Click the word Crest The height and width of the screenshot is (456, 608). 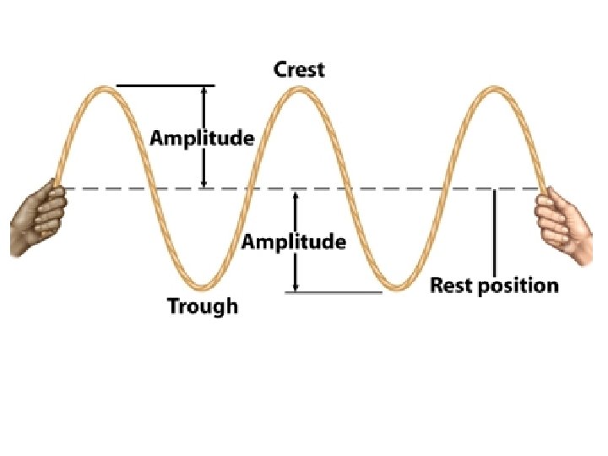coord(299,69)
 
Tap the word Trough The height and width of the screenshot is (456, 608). coord(203,306)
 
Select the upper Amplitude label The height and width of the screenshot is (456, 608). coord(202,138)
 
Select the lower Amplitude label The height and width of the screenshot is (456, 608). coord(294,242)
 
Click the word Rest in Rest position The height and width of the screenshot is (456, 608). coord(452,285)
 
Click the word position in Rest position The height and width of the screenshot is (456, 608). coord(518,286)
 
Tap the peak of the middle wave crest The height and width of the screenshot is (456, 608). coord(298,89)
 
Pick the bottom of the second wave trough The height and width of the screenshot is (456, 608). coord(394,287)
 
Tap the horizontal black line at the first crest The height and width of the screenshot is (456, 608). coord(166,85)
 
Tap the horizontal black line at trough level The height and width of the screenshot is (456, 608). coord(334,292)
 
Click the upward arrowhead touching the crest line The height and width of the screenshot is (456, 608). coord(203,91)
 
